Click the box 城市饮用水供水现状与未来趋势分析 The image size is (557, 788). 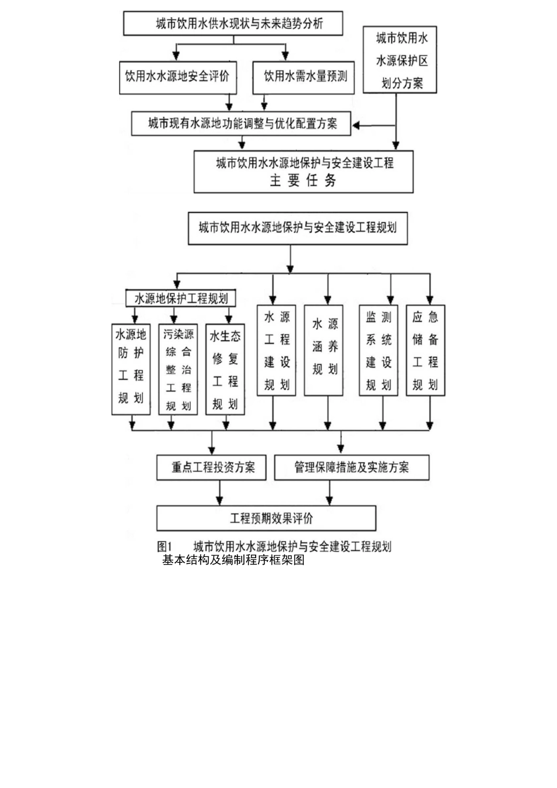point(233,24)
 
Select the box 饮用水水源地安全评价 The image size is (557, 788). point(178,76)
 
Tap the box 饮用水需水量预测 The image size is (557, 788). point(303,76)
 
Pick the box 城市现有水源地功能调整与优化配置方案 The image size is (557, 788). point(241,124)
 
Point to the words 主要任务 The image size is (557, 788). point(303,181)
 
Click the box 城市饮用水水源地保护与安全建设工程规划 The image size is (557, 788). point(297,227)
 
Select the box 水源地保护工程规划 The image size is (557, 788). point(181,298)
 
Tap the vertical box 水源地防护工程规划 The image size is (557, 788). point(131,369)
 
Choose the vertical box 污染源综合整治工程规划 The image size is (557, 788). point(178,369)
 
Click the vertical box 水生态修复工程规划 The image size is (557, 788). point(225,369)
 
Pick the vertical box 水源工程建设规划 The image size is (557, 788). point(277,350)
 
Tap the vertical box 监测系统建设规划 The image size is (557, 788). point(378,350)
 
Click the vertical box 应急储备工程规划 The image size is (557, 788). point(426,350)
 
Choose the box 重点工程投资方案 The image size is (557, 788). point(212,468)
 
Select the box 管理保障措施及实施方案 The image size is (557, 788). point(351,468)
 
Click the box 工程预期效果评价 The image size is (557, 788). point(266,518)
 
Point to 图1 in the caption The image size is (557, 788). point(164,546)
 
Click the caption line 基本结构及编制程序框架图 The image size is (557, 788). point(233,560)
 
